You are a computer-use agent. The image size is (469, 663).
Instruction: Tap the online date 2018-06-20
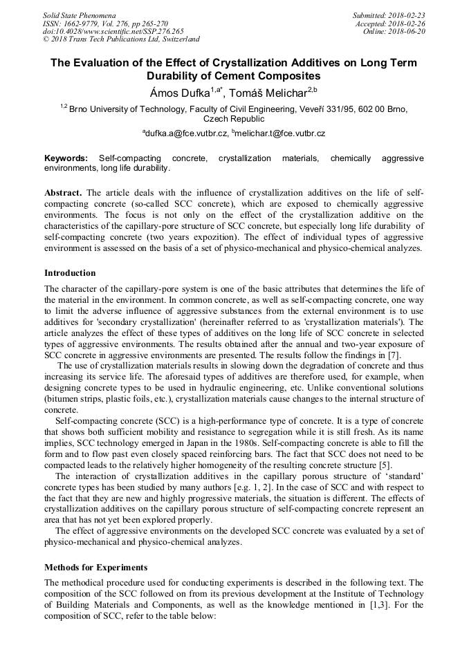410,31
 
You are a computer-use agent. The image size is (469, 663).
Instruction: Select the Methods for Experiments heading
95,568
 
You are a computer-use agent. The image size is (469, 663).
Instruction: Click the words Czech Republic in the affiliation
234,118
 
